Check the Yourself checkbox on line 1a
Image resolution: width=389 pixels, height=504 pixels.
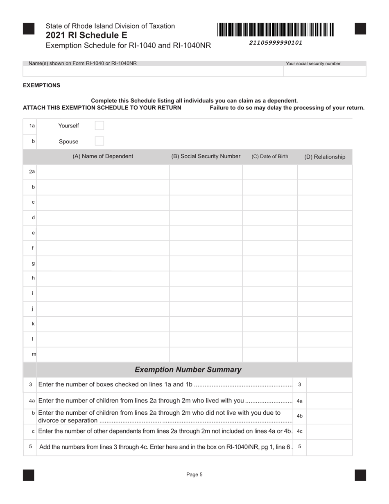coord(99,125)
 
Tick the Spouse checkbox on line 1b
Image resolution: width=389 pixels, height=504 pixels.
coord(99,141)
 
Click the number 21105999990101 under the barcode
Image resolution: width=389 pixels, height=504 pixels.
coord(276,43)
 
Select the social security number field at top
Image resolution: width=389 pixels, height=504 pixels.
coord(324,71)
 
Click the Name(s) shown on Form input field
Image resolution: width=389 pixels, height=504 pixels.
coord(153,71)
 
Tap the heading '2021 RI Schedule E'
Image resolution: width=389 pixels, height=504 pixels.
coord(86,35)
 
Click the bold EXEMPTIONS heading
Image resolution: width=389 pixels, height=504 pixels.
coord(41,86)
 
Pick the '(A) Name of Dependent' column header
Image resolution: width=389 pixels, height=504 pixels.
coord(103,157)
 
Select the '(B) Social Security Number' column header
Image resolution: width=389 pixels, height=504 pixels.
coord(206,157)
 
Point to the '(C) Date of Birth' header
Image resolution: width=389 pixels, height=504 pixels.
coord(270,157)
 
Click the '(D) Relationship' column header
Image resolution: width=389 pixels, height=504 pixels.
coord(324,157)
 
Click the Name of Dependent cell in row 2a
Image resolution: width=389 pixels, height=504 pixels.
coord(103,172)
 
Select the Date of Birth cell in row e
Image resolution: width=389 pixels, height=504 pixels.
coord(270,233)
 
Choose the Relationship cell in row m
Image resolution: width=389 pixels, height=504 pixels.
coord(324,354)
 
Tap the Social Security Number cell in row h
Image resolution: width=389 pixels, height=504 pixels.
coord(206,278)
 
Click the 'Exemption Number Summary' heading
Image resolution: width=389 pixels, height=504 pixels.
coord(188,370)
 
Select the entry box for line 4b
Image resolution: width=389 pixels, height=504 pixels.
coord(329,416)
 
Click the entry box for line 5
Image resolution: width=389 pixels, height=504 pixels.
coord(329,447)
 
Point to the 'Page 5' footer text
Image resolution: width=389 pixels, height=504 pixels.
coord(194,474)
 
